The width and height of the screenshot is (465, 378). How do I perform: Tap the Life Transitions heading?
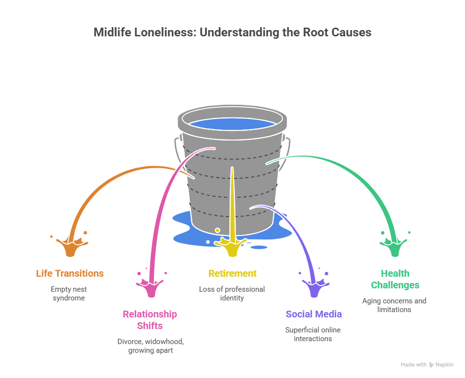click(70, 273)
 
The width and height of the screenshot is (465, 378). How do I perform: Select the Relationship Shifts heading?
click(150, 320)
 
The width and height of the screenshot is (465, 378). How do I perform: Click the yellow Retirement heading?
click(232, 273)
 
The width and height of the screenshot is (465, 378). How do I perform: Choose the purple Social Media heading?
click(313, 314)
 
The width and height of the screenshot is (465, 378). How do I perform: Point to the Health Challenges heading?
click(395, 279)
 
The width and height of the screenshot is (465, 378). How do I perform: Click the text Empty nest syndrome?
click(69, 294)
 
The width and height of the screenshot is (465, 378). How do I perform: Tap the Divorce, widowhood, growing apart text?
click(150, 346)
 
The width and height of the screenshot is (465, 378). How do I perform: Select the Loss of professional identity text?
click(232, 294)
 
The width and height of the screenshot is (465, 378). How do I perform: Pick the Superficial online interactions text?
click(313, 334)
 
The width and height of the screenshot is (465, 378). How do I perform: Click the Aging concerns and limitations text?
click(394, 305)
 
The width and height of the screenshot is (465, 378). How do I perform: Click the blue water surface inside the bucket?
click(232, 124)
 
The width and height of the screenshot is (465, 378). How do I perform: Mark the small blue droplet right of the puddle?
click(260, 247)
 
